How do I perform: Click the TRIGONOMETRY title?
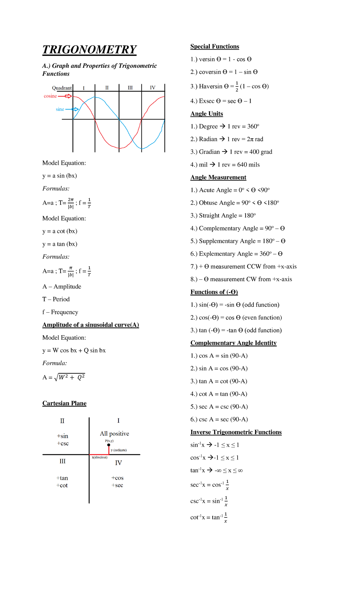[x=89, y=50]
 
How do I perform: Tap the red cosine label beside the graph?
[x=50, y=96]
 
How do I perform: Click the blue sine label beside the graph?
[x=60, y=109]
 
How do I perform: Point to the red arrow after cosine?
[x=65, y=96]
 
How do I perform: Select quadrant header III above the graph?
[x=130, y=88]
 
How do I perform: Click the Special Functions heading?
[x=214, y=47]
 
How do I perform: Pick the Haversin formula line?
[x=229, y=86]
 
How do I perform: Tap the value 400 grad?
[x=261, y=152]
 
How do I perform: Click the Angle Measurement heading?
[x=218, y=177]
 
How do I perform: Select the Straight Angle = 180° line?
[x=223, y=215]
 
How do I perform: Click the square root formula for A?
[x=70, y=377]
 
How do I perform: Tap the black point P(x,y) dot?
[x=109, y=445]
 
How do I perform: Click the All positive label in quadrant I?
[x=114, y=433]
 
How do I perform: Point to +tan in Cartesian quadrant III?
[x=62, y=478]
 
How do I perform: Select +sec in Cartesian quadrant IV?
[x=117, y=485]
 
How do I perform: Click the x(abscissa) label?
[x=100, y=457]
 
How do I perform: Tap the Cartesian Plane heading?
[x=64, y=403]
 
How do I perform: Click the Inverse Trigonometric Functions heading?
[x=236, y=432]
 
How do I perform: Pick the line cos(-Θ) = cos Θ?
[x=236, y=318]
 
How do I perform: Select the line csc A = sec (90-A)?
[x=219, y=419]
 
